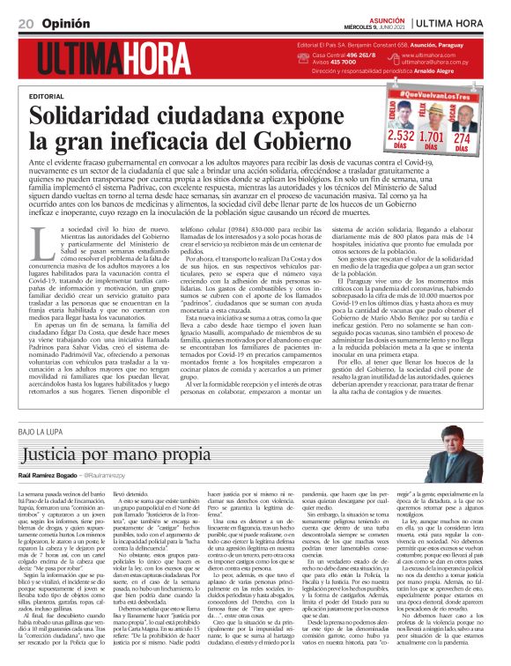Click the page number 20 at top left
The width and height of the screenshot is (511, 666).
(x=26, y=21)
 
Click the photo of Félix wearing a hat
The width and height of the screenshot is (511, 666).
(x=433, y=115)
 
